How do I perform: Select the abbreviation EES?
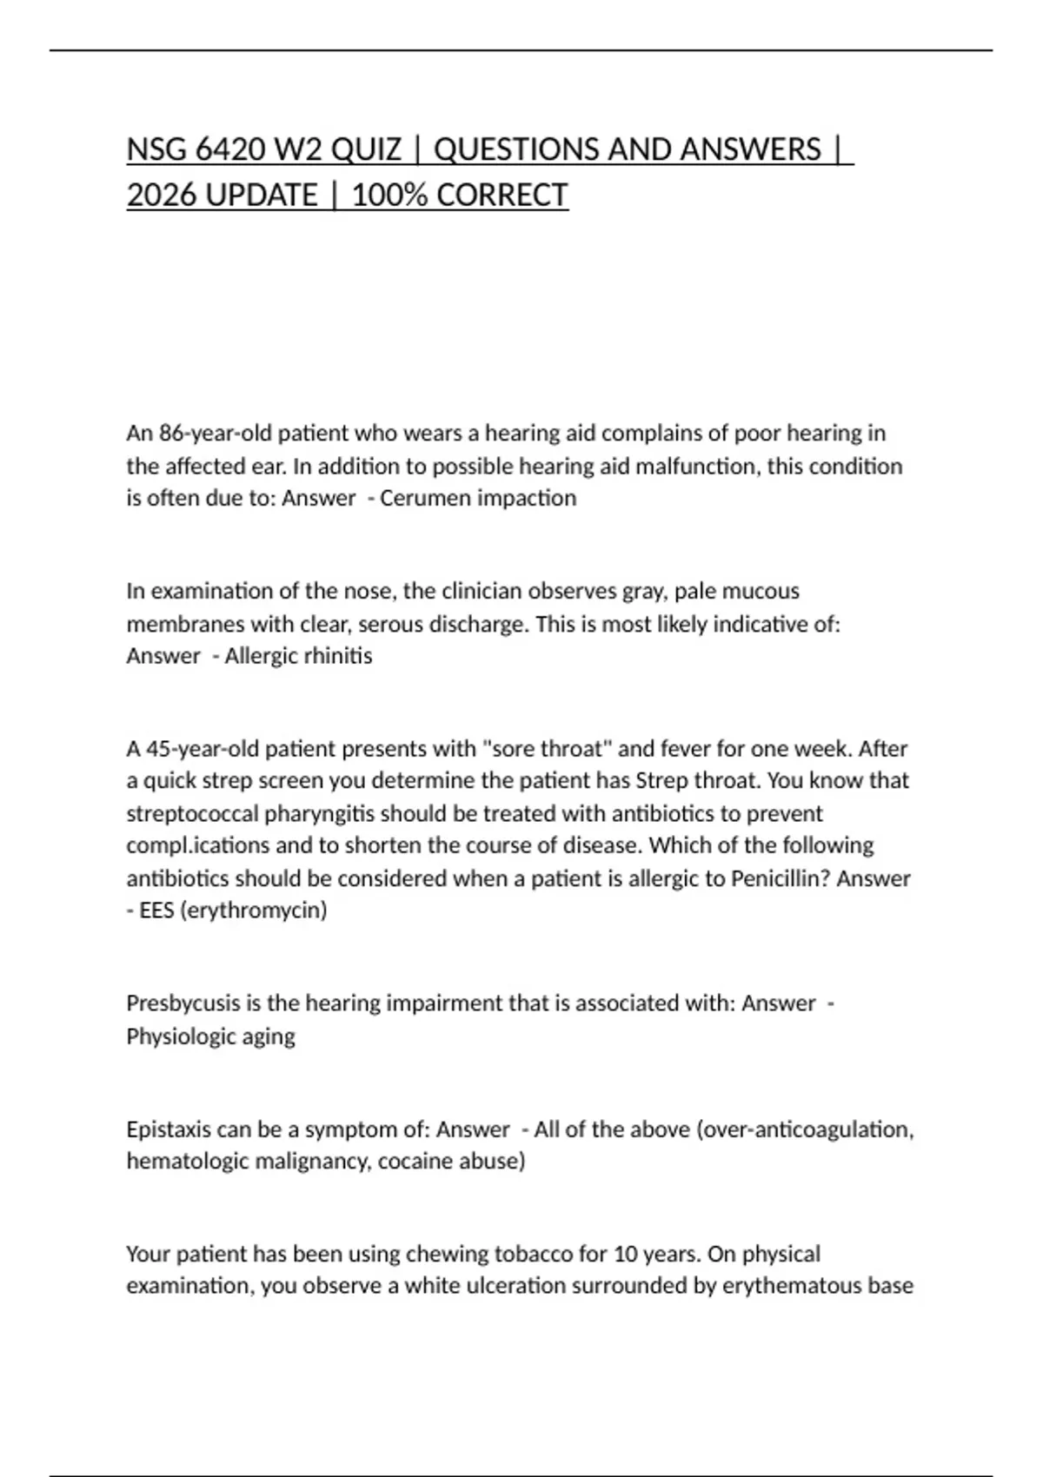coord(156,911)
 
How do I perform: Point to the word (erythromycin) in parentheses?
coord(254,911)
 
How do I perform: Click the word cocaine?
coord(414,1162)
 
